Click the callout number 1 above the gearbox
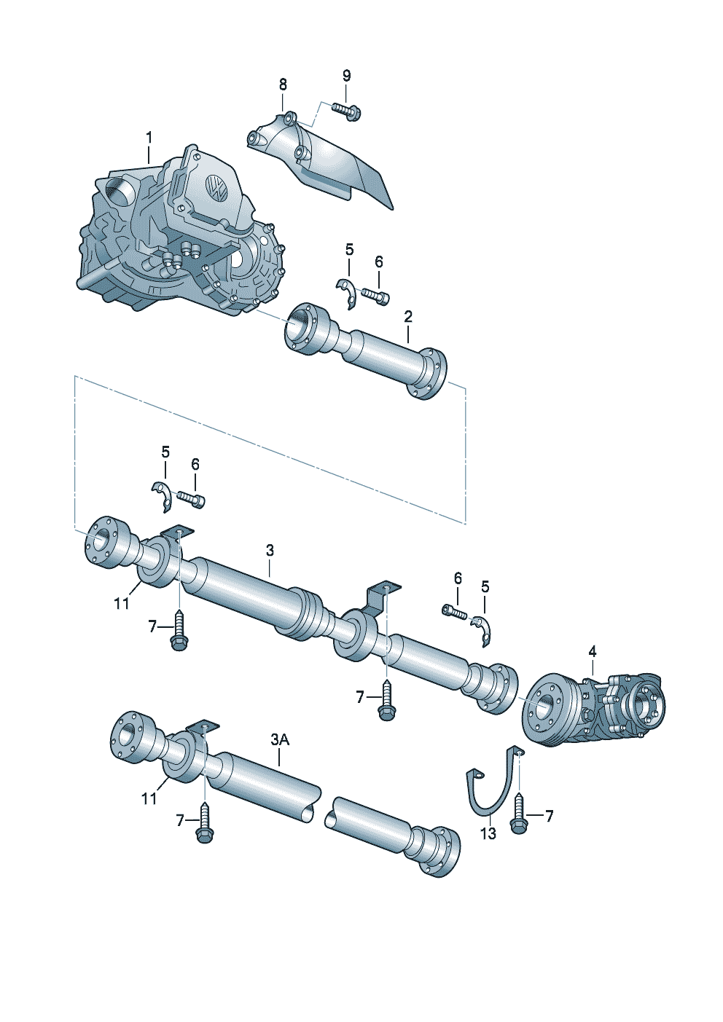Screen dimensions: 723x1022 tap(149, 138)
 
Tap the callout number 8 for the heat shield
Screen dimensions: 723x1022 tap(283, 84)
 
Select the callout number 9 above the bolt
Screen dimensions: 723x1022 tap(346, 76)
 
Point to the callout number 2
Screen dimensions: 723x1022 tap(408, 316)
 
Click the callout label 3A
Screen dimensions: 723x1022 tap(280, 739)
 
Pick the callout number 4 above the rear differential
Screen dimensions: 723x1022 tap(592, 652)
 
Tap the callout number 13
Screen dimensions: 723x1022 tap(488, 833)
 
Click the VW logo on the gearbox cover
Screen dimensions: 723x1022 tap(216, 186)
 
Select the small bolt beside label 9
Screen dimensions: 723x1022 tap(345, 112)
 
